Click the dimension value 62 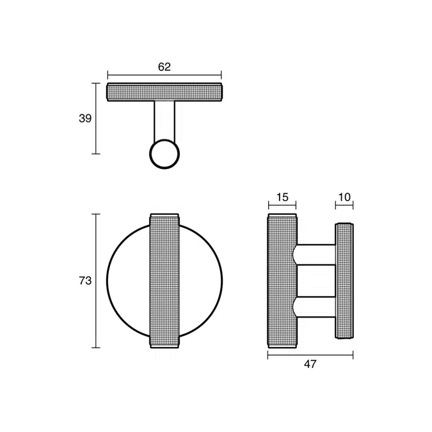164,66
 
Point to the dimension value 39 84,118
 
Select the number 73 84,280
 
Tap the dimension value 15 282,197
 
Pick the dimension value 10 344,197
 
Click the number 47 310,364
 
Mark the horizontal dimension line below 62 164,76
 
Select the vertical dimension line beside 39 96,118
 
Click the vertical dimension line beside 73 96,280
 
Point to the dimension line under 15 282,206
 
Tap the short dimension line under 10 344,206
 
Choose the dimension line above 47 310,354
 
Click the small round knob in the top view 164,154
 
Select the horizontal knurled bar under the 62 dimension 164,93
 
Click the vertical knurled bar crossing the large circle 164,280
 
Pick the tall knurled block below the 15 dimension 282,282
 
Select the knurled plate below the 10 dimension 345,280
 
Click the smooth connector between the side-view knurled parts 316,281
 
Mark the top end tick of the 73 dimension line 96,214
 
